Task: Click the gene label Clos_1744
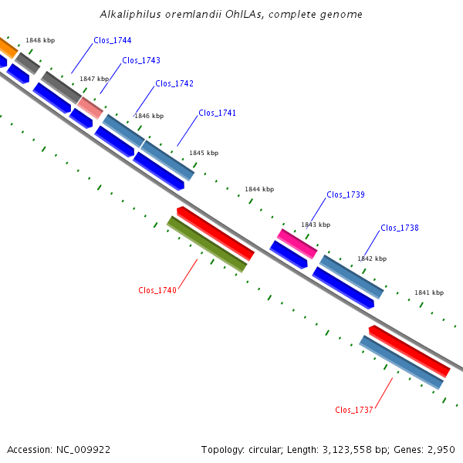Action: (x=113, y=40)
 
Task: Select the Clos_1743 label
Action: (x=141, y=60)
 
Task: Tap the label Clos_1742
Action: (x=174, y=84)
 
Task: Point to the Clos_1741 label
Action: (x=218, y=113)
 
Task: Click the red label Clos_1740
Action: (x=157, y=291)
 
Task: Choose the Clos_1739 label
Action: (x=346, y=195)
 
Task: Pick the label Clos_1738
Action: (x=400, y=228)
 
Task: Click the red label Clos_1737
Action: (x=354, y=411)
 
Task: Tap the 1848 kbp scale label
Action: (x=40, y=40)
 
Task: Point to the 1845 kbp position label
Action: (x=204, y=153)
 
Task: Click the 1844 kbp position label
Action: (x=259, y=189)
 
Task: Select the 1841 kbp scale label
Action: (x=429, y=292)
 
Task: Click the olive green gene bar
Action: (x=207, y=244)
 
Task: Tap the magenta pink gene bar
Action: (x=297, y=244)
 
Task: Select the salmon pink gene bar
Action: (x=90, y=108)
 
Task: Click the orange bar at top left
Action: (x=8, y=48)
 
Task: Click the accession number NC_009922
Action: (x=83, y=450)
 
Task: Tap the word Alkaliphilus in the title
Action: (x=130, y=14)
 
